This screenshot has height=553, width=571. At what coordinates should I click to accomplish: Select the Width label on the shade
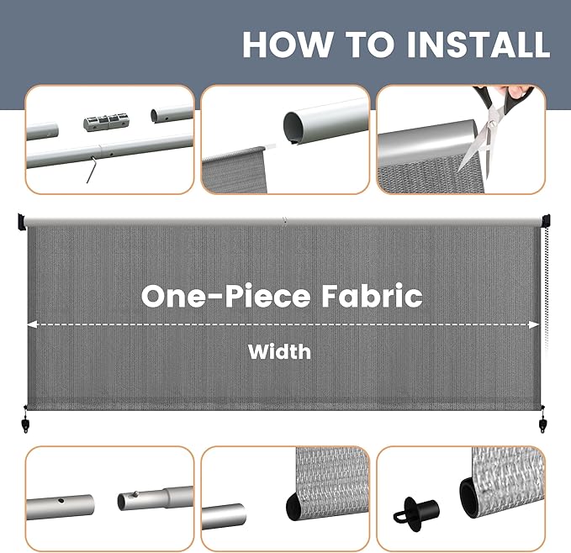[279, 351]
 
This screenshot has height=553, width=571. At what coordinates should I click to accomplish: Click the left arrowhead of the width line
[32, 324]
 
